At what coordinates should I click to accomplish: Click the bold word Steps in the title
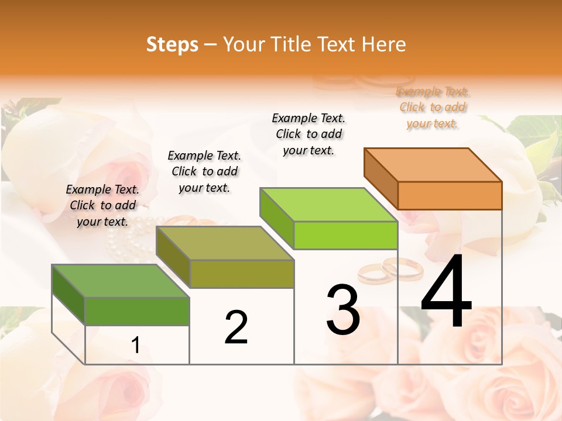[x=172, y=44]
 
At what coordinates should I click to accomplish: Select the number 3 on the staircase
[x=343, y=310]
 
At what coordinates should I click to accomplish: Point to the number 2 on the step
[x=237, y=327]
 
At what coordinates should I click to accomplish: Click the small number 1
[x=136, y=346]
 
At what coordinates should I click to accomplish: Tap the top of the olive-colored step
[x=225, y=243]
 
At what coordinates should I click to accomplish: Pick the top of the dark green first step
[x=121, y=281]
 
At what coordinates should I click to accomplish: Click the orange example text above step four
[x=433, y=107]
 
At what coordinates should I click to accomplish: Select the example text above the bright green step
[x=309, y=134]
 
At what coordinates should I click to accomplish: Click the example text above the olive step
[x=204, y=171]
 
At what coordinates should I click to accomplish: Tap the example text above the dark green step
[x=102, y=205]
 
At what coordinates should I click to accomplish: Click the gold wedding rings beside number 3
[x=390, y=270]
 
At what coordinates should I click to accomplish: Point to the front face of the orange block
[x=450, y=195]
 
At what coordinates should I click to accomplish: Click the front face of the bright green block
[x=345, y=236]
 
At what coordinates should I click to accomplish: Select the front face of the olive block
[x=241, y=274]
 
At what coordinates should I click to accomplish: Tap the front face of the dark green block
[x=137, y=311]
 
